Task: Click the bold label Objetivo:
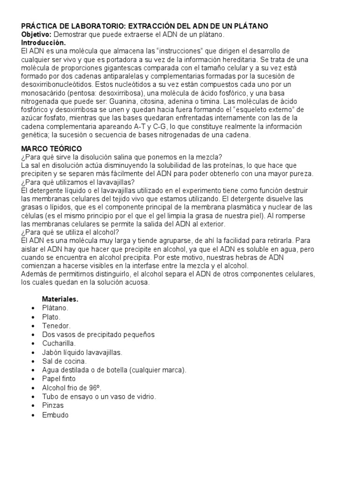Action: pos(37,35)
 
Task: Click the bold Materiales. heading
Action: pos(60,299)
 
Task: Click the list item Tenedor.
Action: pos(56,326)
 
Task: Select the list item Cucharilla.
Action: pos(59,344)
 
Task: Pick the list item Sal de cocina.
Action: pos(64,361)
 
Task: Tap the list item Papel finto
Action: pos(59,379)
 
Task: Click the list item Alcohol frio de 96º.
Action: pos(72,388)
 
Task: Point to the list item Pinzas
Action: pos(52,405)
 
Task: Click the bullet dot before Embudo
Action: pos(32,415)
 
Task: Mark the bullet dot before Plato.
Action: pos(32,317)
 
